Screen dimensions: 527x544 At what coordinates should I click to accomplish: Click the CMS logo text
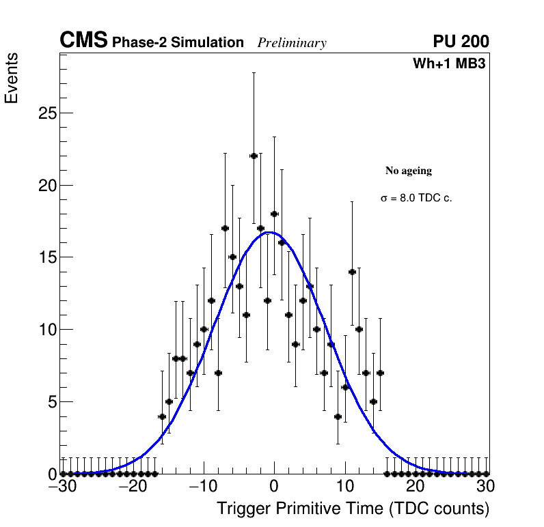[x=83, y=41]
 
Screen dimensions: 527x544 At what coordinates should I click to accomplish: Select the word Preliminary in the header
[x=292, y=43]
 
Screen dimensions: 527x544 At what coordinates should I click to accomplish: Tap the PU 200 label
[x=461, y=42]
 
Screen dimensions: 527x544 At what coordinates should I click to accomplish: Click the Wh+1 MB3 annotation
[x=449, y=64]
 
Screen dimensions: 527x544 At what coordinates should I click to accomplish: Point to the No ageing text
[x=409, y=171]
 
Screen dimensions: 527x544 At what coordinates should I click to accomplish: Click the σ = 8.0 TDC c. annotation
[x=416, y=198]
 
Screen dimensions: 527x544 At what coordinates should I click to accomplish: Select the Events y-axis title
[x=12, y=78]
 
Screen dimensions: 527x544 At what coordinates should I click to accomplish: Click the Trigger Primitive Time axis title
[x=353, y=509]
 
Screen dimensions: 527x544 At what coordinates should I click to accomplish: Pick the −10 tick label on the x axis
[x=202, y=487]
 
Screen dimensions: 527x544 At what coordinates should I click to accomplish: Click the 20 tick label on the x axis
[x=415, y=487]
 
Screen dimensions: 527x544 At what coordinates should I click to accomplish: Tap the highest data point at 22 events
[x=254, y=156]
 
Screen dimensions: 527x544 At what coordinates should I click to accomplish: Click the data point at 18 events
[x=274, y=214]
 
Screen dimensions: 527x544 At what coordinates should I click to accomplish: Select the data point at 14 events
[x=352, y=272]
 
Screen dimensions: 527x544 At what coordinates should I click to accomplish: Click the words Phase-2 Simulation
[x=178, y=43]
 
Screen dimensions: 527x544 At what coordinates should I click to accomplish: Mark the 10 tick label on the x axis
[x=344, y=487]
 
